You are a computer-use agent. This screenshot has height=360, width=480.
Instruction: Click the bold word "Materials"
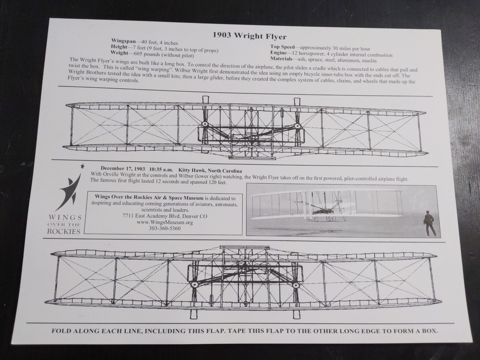click(x=284, y=60)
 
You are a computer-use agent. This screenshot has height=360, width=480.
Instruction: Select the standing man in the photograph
click(x=429, y=223)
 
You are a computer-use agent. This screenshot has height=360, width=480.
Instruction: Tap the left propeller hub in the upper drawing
click(x=205, y=124)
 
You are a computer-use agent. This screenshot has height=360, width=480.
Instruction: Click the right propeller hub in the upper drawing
click(x=297, y=126)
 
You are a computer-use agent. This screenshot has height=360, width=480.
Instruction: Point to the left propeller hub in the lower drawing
click(x=195, y=285)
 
